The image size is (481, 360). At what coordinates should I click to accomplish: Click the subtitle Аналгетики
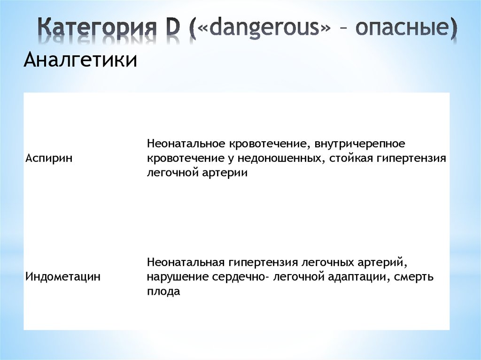coord(80,61)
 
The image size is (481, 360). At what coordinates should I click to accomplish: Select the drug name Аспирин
coord(49,158)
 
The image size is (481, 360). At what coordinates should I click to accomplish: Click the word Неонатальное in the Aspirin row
coord(186,142)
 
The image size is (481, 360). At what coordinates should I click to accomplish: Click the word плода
coord(163,291)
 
